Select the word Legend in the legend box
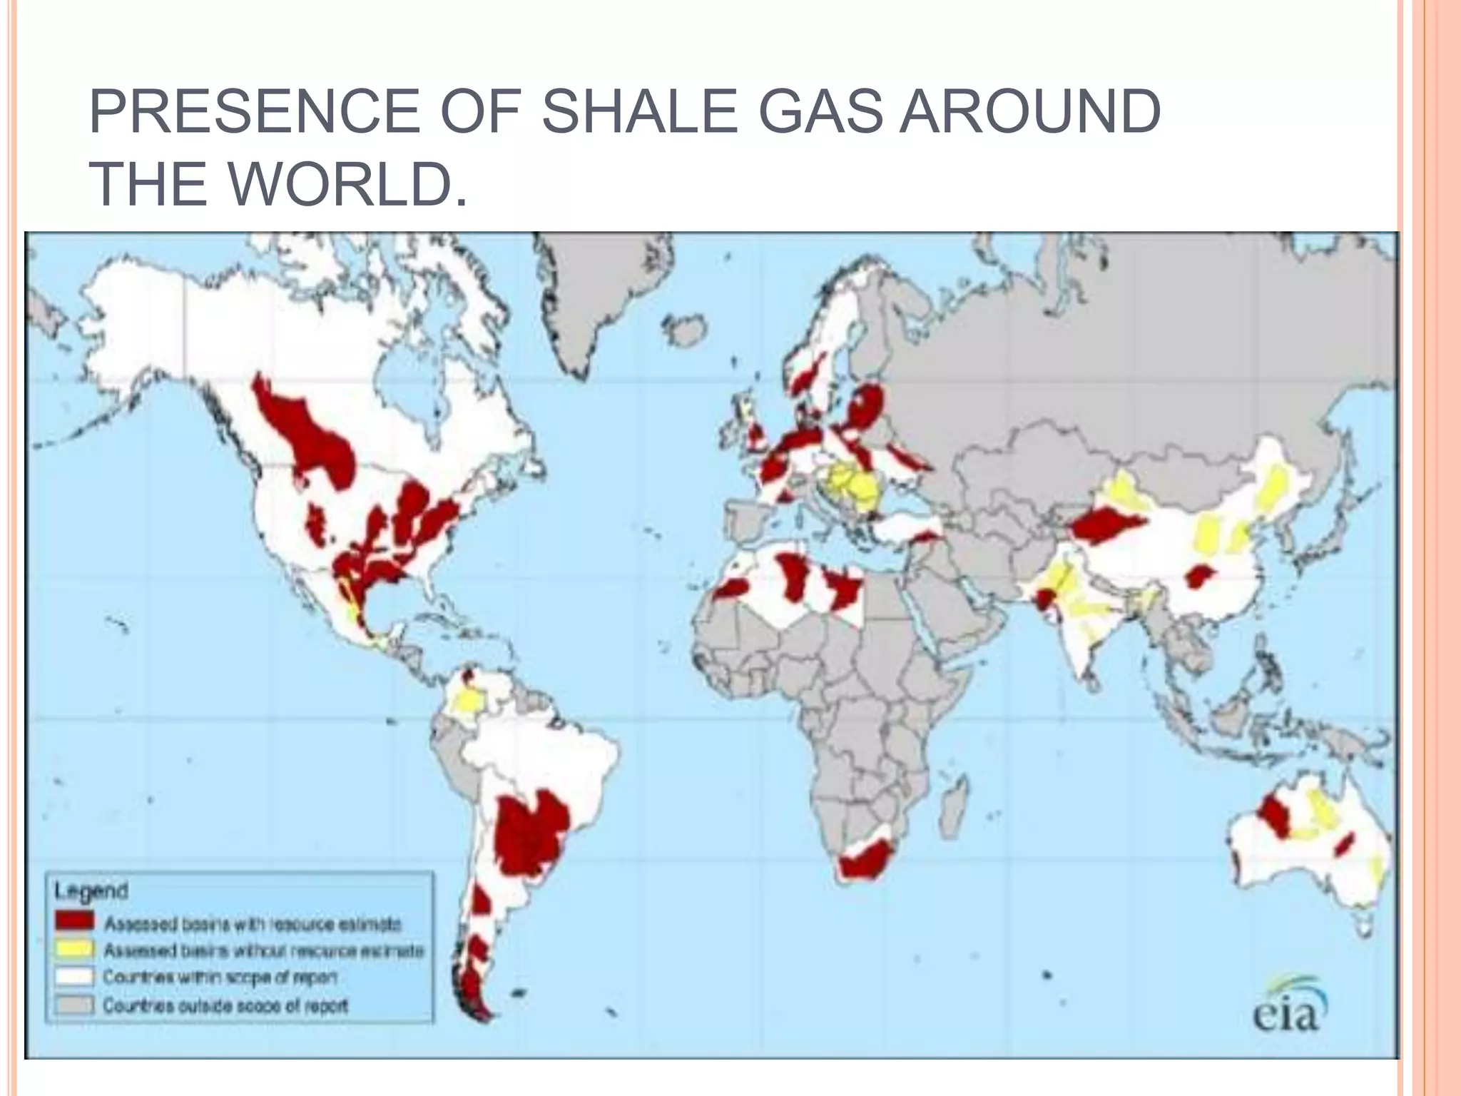click(x=91, y=890)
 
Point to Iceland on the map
click(x=683, y=330)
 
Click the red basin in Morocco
click(x=732, y=589)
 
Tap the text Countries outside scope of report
click(x=225, y=1005)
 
